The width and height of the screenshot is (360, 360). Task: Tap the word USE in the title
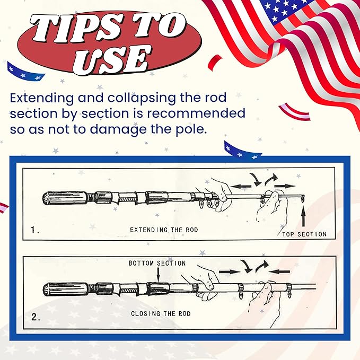point(111,59)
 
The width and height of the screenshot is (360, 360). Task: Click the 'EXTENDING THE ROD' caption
point(164,230)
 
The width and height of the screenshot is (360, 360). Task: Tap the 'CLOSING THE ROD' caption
point(161,313)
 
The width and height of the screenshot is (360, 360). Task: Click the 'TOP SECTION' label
point(304,234)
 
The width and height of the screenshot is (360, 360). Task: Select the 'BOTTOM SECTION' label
point(157,263)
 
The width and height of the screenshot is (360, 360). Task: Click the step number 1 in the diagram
point(34,230)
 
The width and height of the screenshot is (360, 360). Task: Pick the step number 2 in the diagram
point(36,317)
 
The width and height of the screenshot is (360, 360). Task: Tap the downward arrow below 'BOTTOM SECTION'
point(158,274)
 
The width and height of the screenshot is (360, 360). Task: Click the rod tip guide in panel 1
point(303,198)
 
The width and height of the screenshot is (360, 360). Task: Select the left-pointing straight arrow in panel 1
point(241,186)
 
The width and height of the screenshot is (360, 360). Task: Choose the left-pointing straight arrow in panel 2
point(279,272)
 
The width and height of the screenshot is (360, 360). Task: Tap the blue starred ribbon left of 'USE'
point(25,71)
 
